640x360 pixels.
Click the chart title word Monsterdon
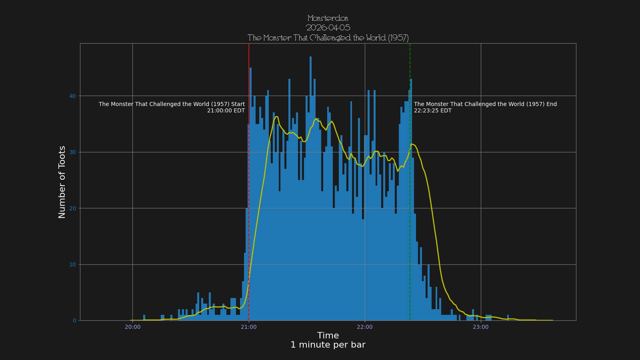click(328, 18)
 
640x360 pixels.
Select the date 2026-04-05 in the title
click(328, 28)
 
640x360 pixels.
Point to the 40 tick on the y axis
click(72, 96)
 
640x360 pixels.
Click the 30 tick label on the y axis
click(72, 152)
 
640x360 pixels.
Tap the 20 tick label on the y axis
click(72, 208)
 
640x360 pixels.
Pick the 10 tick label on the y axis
click(72, 265)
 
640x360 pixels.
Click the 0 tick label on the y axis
click(74, 321)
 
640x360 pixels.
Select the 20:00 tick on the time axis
click(132, 327)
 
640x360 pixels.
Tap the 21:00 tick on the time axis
click(249, 327)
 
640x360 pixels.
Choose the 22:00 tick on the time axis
click(365, 327)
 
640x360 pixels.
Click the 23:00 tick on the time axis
click(481, 327)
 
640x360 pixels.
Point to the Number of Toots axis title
click(62, 182)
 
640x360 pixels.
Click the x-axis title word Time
click(328, 336)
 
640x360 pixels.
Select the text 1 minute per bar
click(328, 345)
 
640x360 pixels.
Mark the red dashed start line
click(249, 180)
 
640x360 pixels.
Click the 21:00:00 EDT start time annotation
click(226, 111)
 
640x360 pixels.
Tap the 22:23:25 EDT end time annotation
click(433, 111)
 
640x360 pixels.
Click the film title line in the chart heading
click(328, 38)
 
